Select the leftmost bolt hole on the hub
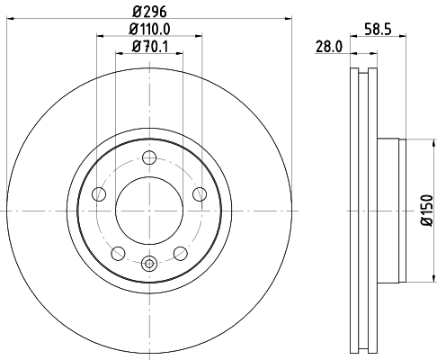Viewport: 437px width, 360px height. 100,193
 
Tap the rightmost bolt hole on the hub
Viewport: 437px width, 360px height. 200,193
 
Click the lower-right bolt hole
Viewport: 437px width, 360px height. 181,252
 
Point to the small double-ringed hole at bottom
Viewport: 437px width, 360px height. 149,264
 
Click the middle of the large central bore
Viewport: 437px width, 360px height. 149,211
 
